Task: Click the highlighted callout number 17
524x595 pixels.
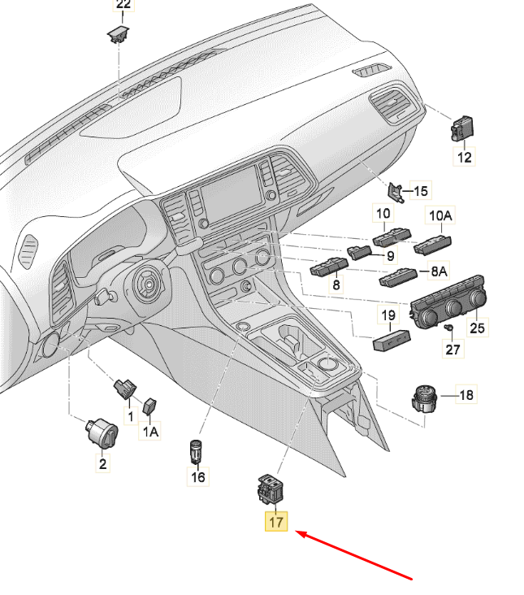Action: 276,522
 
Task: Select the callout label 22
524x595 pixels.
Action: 123,5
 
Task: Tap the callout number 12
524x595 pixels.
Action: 464,157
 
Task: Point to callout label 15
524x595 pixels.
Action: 421,191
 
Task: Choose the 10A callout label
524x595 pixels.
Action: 440,215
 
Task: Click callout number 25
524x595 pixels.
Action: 477,328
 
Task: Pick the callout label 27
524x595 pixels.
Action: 453,349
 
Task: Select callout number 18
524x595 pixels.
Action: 466,395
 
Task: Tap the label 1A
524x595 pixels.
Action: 150,431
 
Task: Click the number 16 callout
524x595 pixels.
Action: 198,476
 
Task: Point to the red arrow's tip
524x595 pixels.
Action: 296,532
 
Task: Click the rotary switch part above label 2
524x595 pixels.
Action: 102,432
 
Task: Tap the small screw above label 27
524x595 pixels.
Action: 448,327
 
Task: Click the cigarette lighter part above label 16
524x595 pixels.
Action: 196,451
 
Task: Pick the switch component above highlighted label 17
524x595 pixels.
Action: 271,489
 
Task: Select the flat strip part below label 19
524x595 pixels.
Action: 392,340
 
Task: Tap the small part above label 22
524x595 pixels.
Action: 118,34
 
